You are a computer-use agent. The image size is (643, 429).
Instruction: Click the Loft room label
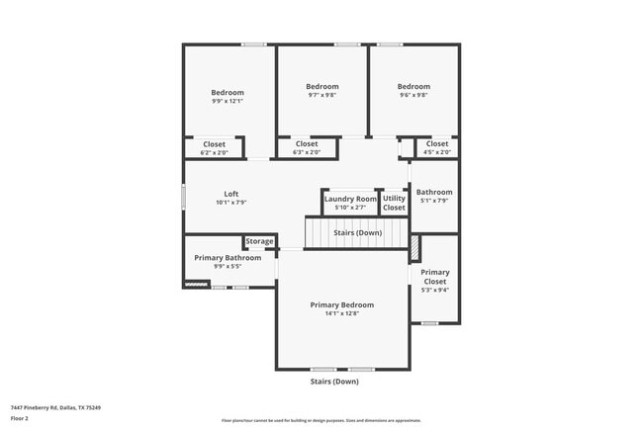tap(230, 194)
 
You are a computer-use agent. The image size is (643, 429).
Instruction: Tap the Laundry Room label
tap(350, 199)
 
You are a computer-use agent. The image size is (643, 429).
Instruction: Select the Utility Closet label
tap(394, 204)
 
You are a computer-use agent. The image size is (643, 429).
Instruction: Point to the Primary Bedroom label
tap(341, 304)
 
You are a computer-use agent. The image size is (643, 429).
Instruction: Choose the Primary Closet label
tap(435, 277)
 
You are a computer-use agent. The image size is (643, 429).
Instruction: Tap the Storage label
tap(260, 241)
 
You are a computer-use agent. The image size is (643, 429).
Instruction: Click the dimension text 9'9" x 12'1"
tap(228, 101)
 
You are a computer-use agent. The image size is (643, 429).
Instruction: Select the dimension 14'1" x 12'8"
tap(341, 313)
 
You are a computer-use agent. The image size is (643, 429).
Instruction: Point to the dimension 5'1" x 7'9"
tap(434, 201)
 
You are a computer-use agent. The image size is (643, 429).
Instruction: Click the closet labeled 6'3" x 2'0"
tap(307, 148)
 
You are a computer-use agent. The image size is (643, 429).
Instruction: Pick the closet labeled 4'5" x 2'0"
tap(436, 148)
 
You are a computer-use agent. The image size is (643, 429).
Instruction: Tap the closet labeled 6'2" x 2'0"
tap(214, 148)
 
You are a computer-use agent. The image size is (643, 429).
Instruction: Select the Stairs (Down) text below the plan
tap(333, 381)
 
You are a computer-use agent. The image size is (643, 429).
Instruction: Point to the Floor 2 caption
tap(20, 418)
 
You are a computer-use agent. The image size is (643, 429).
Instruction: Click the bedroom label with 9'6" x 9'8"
tap(414, 86)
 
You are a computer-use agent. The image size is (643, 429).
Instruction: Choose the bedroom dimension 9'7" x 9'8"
tap(321, 95)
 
